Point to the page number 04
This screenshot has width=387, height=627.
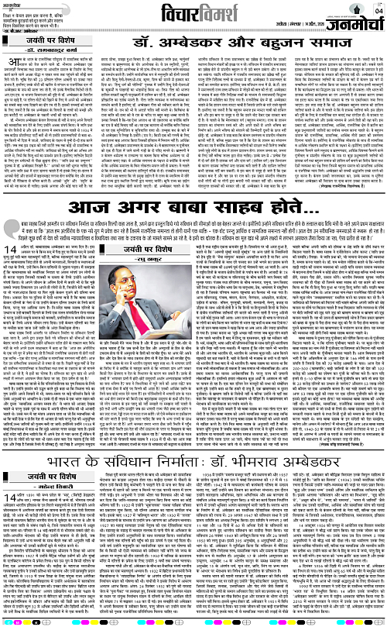[x=378, y=10]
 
